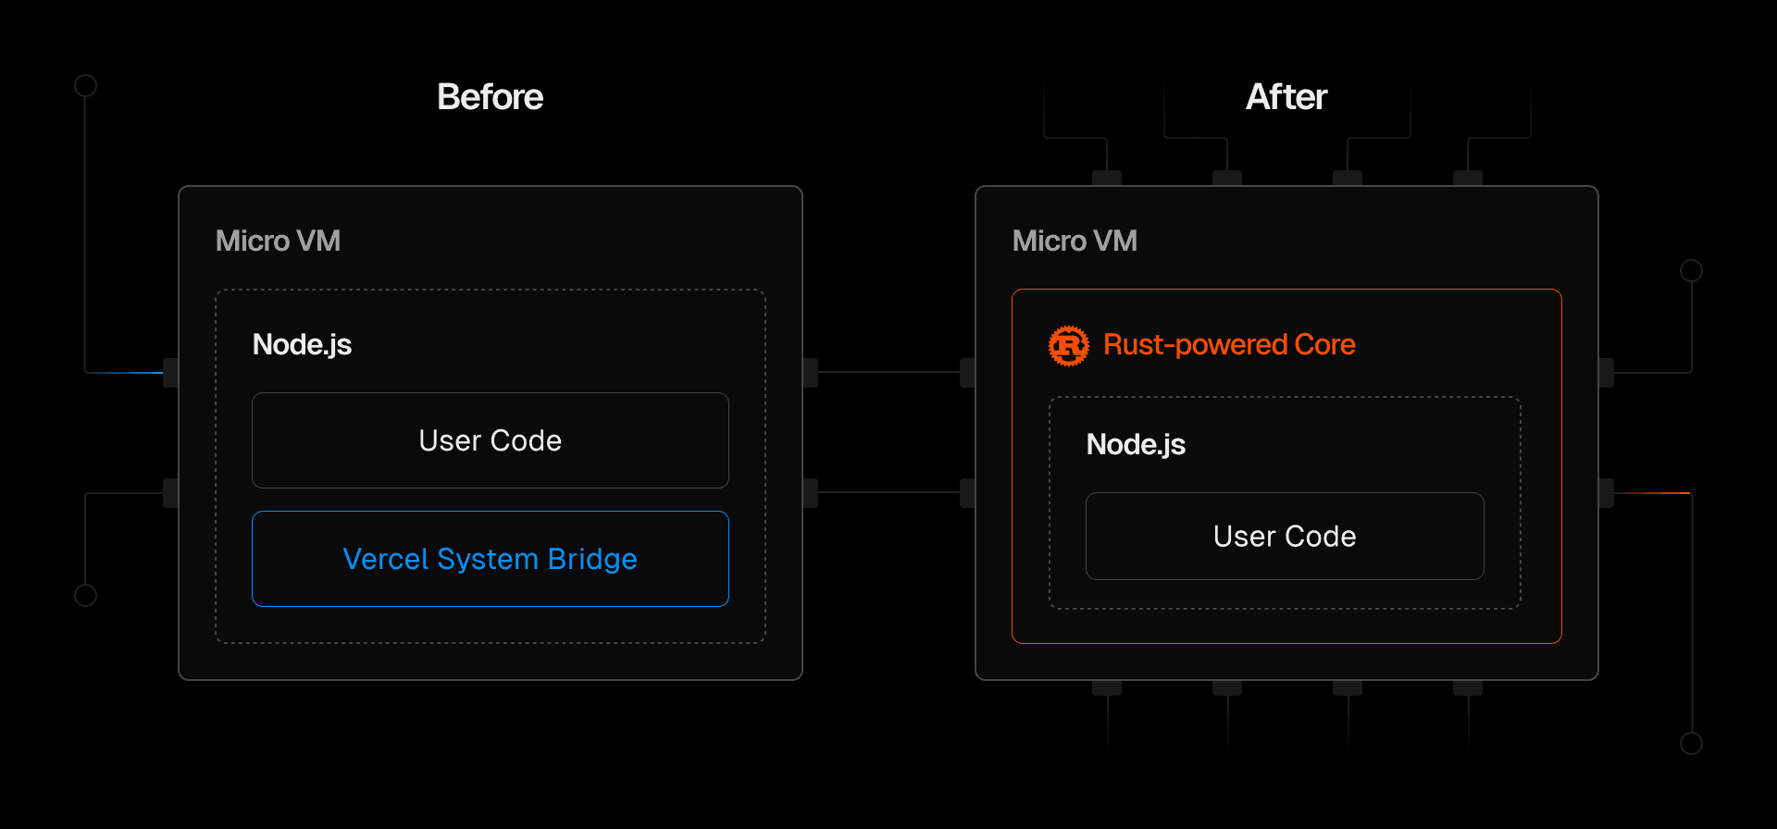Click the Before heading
point(490,97)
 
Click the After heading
point(1286,97)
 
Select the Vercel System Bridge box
point(490,559)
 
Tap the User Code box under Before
point(490,440)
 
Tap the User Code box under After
point(1285,537)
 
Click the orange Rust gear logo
point(1069,345)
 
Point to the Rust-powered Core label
point(1229,345)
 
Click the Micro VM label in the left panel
point(278,241)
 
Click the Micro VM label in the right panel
point(1075,241)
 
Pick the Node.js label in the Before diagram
point(302,345)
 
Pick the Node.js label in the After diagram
point(1136,445)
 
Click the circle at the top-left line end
point(85,86)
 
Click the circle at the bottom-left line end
point(85,595)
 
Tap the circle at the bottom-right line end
point(1691,743)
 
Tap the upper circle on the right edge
point(1691,270)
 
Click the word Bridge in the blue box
point(592,559)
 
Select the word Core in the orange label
point(1324,345)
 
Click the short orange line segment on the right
point(1652,493)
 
